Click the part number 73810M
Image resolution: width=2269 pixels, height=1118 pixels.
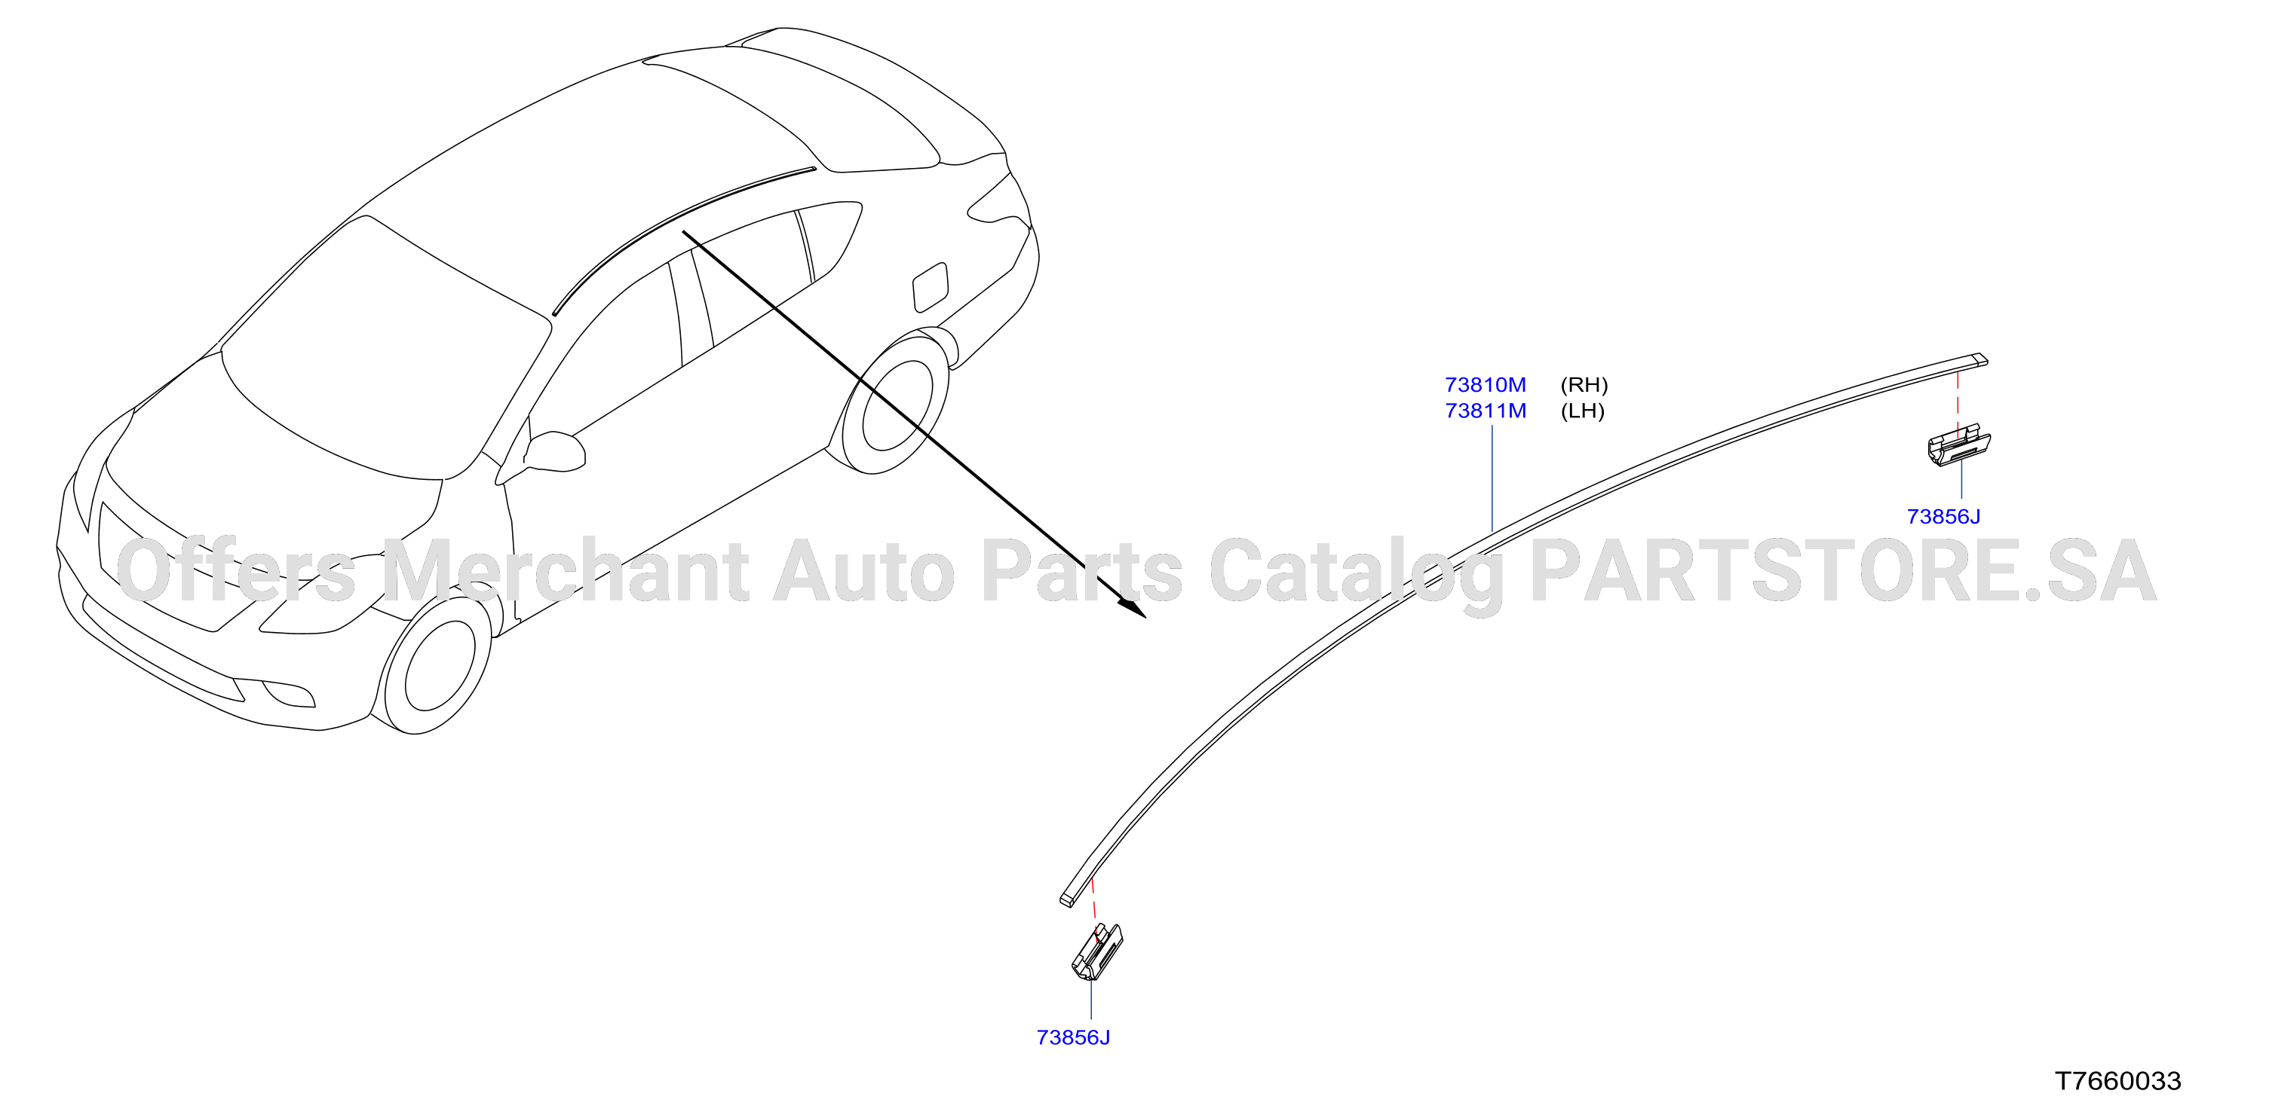1485,385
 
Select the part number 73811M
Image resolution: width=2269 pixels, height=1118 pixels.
1485,411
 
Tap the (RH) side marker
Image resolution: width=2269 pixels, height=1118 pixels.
1584,385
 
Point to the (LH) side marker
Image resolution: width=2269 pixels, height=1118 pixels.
1582,411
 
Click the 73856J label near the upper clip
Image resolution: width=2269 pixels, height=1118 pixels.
1943,517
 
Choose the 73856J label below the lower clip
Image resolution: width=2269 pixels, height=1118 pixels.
1073,1038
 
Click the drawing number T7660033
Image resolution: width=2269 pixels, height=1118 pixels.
2117,1081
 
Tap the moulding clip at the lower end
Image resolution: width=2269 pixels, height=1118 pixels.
1096,952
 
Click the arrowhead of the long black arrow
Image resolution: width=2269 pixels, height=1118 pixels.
1133,607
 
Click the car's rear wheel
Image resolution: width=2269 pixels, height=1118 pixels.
891,402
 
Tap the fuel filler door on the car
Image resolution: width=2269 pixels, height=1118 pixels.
932,287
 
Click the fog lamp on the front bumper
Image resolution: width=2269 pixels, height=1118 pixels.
288,694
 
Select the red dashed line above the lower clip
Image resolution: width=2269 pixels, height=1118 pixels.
1096,907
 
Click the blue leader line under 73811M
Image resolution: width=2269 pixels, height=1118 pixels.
1492,478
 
